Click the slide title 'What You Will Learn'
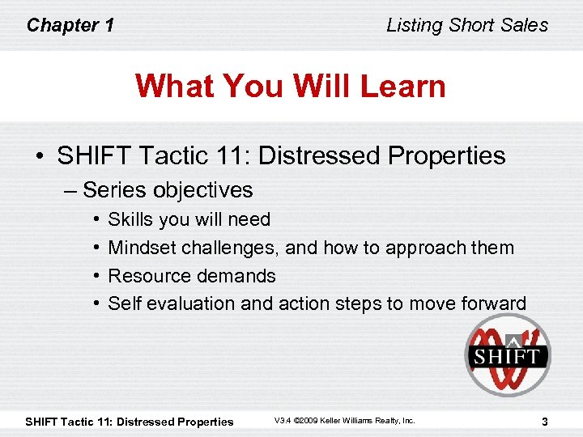coord(291,86)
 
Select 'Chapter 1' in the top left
coord(70,25)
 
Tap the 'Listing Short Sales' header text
coord(467,25)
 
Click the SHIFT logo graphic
coord(507,354)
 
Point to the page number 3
coord(545,421)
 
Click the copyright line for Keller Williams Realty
coord(344,421)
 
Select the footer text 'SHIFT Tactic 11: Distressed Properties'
coord(130,421)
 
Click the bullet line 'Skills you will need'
coord(189,219)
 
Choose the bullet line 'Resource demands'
coord(192,276)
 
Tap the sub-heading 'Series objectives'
coord(168,190)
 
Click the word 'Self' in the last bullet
coord(123,303)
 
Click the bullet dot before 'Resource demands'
coord(96,276)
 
